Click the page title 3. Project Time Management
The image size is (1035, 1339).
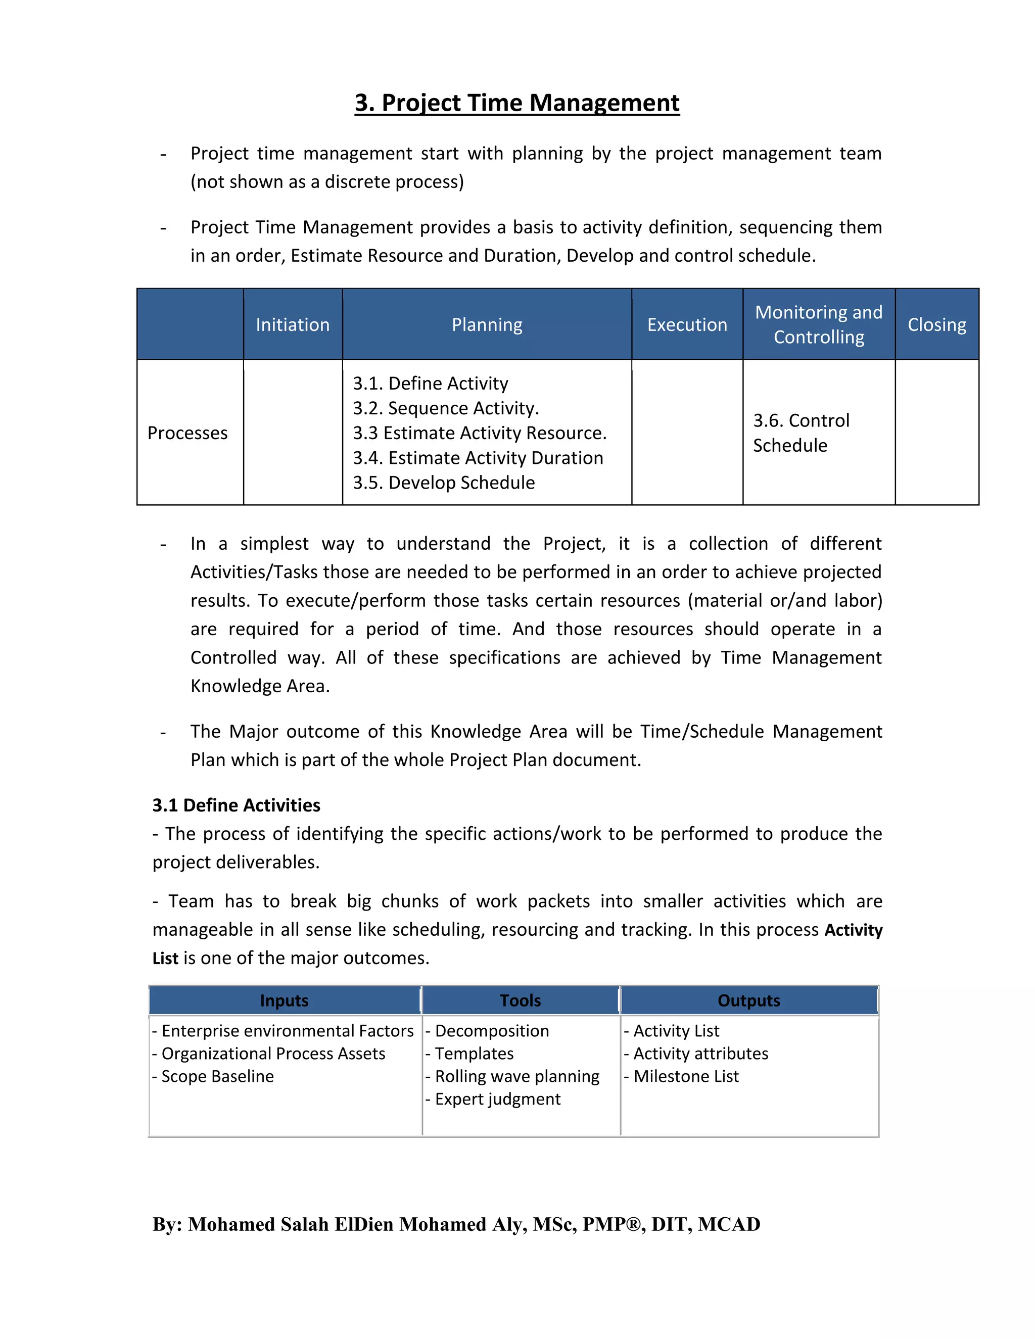[517, 103]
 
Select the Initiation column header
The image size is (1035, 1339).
[293, 324]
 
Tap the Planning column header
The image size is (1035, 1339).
[487, 324]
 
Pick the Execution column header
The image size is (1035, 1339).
[687, 324]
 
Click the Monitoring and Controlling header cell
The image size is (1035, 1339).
[819, 324]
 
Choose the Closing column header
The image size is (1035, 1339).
[936, 324]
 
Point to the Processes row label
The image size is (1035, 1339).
[187, 433]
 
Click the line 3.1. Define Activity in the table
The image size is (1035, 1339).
[430, 383]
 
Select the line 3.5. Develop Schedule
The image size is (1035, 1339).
[443, 483]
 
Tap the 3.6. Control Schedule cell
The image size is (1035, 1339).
[801, 433]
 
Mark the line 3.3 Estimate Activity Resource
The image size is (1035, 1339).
[479, 433]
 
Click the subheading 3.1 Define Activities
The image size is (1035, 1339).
[236, 805]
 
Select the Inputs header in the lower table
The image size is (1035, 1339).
[284, 1000]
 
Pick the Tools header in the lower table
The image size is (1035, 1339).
[520, 1000]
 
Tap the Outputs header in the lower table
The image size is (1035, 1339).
[748, 1000]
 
